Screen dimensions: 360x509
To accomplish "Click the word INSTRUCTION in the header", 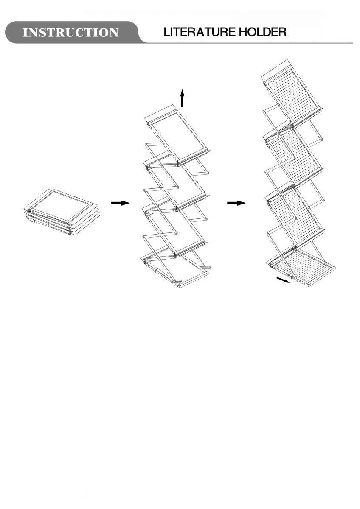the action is click(x=70, y=33).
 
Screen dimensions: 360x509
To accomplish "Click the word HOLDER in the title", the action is click(x=262, y=32).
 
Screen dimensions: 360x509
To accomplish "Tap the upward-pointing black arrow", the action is click(x=182, y=98).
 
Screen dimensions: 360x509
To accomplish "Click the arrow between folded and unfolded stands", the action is click(x=121, y=203).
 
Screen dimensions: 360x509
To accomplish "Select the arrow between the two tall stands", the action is click(x=236, y=203).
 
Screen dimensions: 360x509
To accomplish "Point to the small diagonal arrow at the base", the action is click(x=283, y=280).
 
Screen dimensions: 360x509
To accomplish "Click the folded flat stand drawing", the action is click(x=59, y=212).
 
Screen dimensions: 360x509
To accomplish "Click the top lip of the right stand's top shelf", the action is click(x=276, y=71).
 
